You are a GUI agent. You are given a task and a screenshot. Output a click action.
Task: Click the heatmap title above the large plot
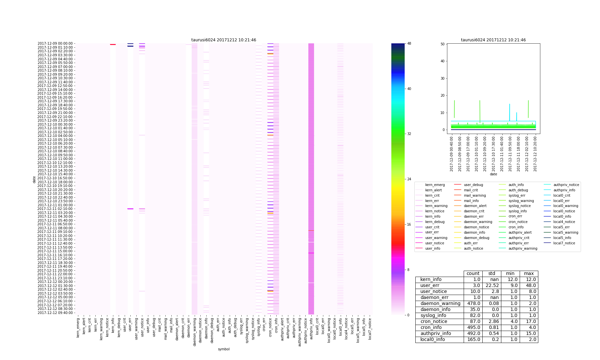[x=224, y=40]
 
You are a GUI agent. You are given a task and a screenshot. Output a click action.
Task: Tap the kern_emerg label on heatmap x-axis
[x=78, y=328]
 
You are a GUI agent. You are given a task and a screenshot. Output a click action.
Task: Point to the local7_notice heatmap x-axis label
[x=370, y=329]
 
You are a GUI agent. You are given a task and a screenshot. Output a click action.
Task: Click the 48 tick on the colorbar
[x=409, y=43]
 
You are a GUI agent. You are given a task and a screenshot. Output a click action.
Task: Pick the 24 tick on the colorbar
[x=409, y=179]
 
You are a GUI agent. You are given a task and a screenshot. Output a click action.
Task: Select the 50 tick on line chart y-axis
[x=442, y=44]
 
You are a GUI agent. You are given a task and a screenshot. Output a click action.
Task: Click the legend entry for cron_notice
[x=518, y=222]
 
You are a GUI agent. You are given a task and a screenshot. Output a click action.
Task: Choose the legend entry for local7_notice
[x=564, y=243]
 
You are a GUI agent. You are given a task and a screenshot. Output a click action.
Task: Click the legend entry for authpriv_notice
[x=566, y=185]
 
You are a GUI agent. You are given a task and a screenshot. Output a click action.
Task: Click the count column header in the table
[x=473, y=274]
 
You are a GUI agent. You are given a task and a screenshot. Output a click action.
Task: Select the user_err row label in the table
[x=430, y=286]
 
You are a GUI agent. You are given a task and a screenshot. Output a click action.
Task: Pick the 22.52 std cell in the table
[x=492, y=286]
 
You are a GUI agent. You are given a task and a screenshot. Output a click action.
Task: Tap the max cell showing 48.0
[x=529, y=286]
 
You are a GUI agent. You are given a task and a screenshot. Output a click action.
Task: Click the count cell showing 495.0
[x=473, y=328]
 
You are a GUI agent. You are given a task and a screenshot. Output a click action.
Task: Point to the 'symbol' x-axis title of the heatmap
[x=224, y=349]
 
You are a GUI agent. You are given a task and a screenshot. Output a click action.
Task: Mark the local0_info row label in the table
[x=432, y=340]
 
